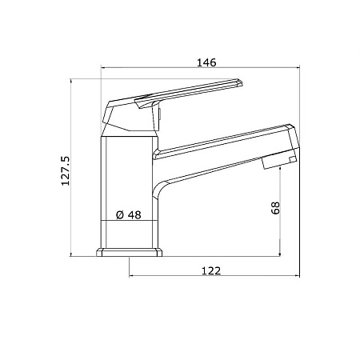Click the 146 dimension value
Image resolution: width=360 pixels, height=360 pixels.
[206, 62]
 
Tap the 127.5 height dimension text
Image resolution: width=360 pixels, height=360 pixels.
[66, 171]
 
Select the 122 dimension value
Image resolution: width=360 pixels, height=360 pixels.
[211, 270]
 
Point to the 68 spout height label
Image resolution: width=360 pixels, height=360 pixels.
[275, 208]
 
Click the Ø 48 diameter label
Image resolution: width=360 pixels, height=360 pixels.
[129, 214]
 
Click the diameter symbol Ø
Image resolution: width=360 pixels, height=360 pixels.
[120, 214]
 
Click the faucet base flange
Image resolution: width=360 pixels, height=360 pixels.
[130, 252]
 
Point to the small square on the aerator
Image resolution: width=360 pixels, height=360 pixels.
[293, 160]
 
